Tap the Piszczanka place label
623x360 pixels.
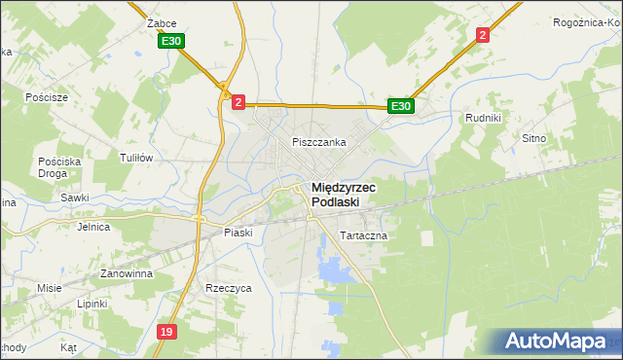click(x=319, y=142)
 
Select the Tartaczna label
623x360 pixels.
click(x=364, y=236)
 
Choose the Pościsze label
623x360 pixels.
click(x=48, y=98)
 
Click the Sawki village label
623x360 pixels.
click(x=75, y=198)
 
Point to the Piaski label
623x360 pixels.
click(x=238, y=233)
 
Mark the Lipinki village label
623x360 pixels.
click(x=92, y=304)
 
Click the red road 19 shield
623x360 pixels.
click(x=166, y=333)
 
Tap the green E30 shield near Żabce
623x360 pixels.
click(x=171, y=41)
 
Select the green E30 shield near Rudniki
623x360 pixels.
click(x=401, y=106)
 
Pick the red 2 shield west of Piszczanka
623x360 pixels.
click(x=238, y=100)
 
